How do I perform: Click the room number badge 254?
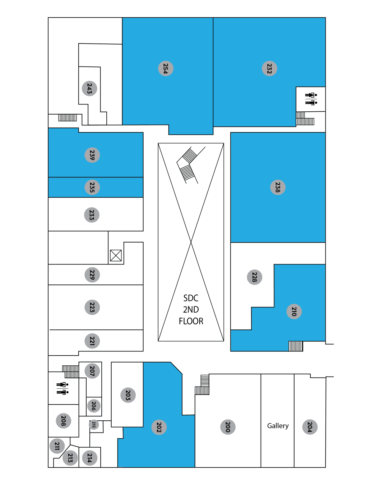point(165,68)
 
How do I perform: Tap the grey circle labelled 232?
point(269,68)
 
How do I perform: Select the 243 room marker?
point(89,88)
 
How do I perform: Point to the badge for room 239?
point(92,155)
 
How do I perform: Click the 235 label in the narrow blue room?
point(92,187)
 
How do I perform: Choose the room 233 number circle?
point(92,215)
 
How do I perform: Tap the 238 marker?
point(277,187)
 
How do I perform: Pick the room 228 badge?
point(254,277)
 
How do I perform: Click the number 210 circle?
point(293,311)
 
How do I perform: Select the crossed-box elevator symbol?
point(116,255)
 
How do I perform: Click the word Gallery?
point(278,426)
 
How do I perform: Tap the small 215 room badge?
point(94,424)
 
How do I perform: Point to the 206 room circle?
point(93,406)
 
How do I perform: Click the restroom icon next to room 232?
point(311,99)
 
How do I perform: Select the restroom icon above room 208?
point(62,388)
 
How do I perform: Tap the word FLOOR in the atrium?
point(191,321)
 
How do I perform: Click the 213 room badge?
point(70,458)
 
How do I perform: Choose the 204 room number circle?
point(309,426)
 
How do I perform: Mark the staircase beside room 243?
point(68,117)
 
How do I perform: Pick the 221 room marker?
point(92,341)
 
